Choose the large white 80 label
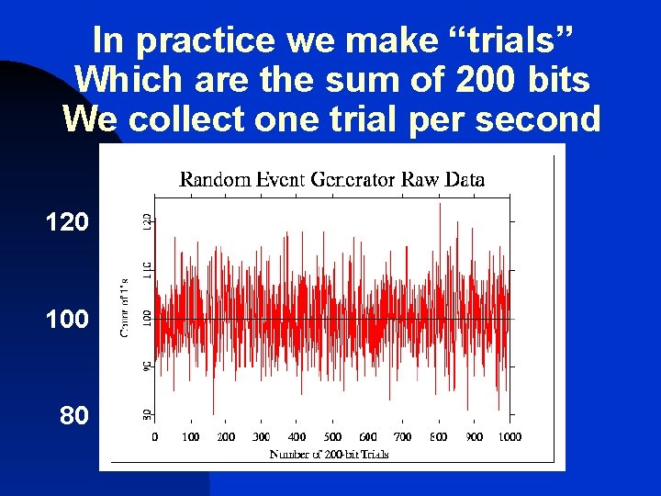pos(74,416)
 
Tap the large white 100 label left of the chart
pos(68,319)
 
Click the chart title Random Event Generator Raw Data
pos(331,179)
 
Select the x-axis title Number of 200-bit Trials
pos(329,454)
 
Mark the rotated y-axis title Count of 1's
pos(125,307)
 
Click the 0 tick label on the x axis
pos(154,436)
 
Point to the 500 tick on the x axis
pos(332,436)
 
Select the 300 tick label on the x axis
pos(262,436)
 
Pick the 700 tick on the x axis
pos(403,436)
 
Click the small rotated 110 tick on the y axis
pos(147,270)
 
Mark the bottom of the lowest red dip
pos(213,415)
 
